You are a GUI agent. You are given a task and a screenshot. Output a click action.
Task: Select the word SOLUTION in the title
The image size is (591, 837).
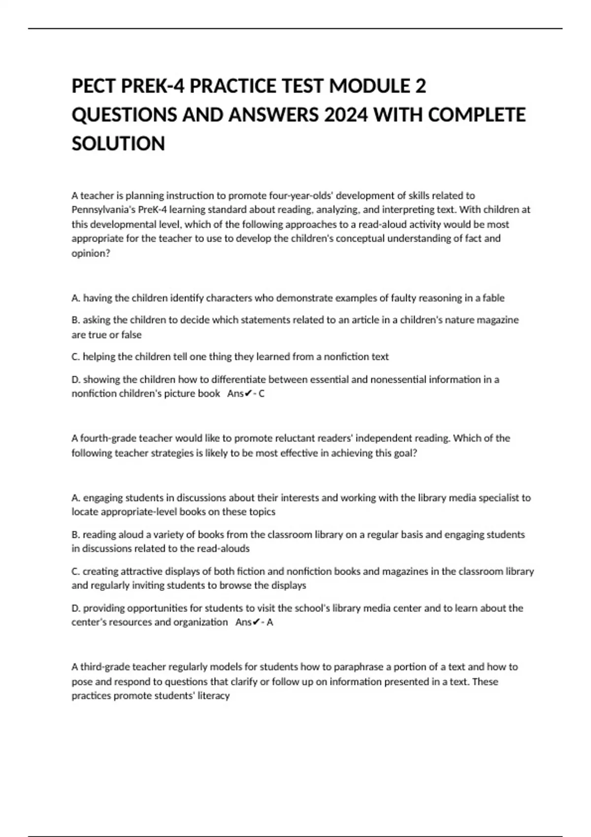coord(118,144)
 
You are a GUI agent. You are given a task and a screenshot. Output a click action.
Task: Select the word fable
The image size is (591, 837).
coord(493,298)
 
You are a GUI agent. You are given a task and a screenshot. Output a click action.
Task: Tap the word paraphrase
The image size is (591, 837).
coord(360,667)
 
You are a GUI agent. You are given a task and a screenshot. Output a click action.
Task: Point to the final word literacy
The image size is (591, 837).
coord(214,696)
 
